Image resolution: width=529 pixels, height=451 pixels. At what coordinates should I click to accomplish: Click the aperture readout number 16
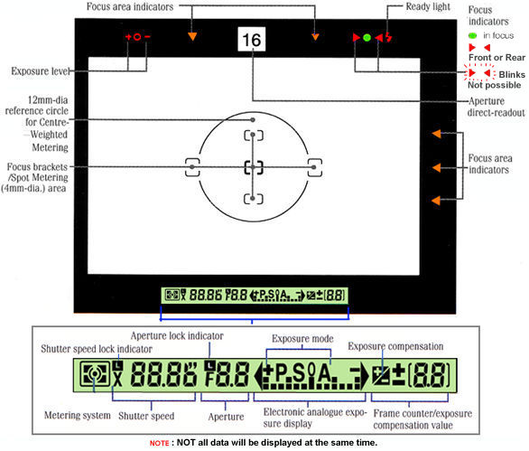coord(252,40)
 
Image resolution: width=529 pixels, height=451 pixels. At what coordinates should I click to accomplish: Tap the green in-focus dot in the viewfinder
coord(367,37)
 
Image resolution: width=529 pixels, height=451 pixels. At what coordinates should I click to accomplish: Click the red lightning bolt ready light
coord(389,37)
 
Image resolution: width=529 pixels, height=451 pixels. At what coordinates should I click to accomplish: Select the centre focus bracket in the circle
coord(253,167)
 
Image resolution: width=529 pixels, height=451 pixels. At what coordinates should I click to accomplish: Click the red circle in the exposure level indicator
coord(137,37)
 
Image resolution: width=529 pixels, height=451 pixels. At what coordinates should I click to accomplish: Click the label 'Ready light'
coord(428,6)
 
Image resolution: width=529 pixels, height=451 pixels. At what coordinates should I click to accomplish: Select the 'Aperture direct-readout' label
coord(497,107)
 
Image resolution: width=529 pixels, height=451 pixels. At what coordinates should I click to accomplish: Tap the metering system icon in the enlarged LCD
coord(95,373)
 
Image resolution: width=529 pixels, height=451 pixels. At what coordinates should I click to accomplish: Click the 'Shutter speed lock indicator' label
coord(97,349)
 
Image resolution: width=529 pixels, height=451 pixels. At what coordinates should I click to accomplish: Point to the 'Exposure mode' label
coord(302,339)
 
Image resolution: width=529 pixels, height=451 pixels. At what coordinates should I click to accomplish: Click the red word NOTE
coord(160,443)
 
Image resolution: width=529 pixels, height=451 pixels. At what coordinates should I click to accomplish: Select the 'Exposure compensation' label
coord(395,347)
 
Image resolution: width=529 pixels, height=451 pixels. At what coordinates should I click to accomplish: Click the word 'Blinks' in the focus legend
coord(512,74)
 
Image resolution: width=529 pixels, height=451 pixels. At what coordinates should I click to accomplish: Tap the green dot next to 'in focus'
coord(472,35)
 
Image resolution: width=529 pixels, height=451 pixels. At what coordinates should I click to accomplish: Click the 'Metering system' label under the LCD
coord(78,415)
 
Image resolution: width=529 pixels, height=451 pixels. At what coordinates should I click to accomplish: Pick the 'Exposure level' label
coord(41,71)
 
